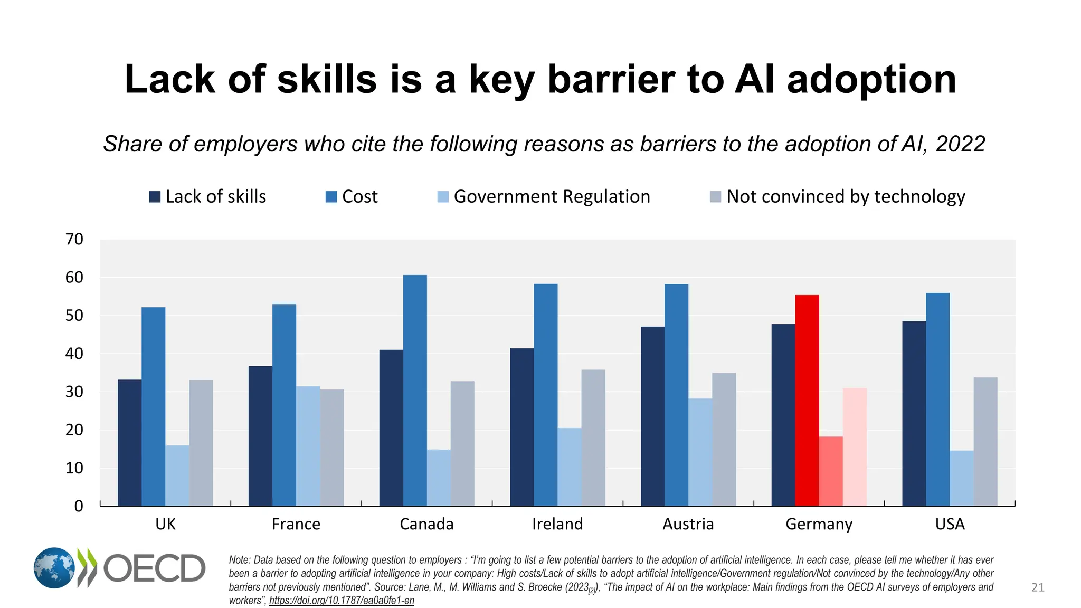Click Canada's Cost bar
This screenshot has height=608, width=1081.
(x=415, y=391)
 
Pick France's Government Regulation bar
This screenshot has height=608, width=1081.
(x=308, y=446)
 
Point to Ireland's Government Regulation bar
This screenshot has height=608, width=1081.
(x=569, y=467)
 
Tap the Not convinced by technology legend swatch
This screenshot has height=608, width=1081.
(x=715, y=197)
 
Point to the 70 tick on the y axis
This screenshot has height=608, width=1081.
(x=74, y=240)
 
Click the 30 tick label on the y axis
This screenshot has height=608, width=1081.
(x=74, y=392)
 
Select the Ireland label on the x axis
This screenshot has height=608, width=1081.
(x=557, y=524)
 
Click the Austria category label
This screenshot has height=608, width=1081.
(x=688, y=524)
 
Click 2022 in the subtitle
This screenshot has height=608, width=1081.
(x=960, y=144)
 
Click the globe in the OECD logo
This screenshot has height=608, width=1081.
(x=54, y=568)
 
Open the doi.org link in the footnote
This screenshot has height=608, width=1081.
(x=342, y=601)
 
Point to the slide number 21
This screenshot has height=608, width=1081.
(x=1038, y=587)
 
